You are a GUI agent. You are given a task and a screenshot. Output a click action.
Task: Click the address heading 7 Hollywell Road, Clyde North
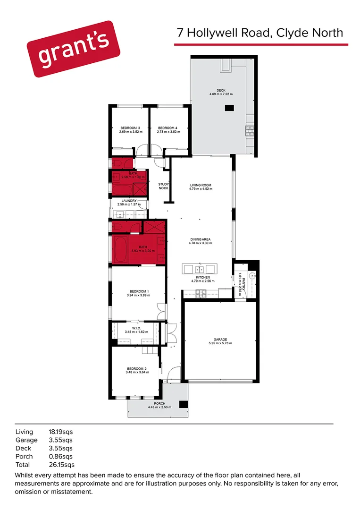[x=260, y=33]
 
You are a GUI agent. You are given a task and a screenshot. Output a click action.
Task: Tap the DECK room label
[x=221, y=90]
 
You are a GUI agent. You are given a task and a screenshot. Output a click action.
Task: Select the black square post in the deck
[x=229, y=108]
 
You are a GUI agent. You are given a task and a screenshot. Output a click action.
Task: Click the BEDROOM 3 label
[x=130, y=128]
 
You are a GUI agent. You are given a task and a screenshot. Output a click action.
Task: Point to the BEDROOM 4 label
[x=167, y=128]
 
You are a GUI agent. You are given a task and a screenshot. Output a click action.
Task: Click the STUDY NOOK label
[x=163, y=186]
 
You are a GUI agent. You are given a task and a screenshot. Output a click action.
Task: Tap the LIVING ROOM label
[x=201, y=185]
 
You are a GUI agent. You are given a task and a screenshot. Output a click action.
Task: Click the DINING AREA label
[x=201, y=239]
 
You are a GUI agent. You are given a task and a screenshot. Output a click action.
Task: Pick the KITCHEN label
[x=203, y=277]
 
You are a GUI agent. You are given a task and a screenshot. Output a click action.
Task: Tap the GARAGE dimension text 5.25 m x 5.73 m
[x=220, y=343]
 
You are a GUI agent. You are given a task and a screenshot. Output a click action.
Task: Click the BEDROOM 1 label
[x=138, y=291]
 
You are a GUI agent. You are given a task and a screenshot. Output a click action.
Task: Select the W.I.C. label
[x=136, y=328]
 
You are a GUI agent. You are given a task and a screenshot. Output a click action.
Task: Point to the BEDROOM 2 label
[x=137, y=368]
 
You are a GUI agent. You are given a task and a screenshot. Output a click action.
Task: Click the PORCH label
[x=159, y=403]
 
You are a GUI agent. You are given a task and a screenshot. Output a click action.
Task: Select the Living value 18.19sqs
[x=61, y=432]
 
